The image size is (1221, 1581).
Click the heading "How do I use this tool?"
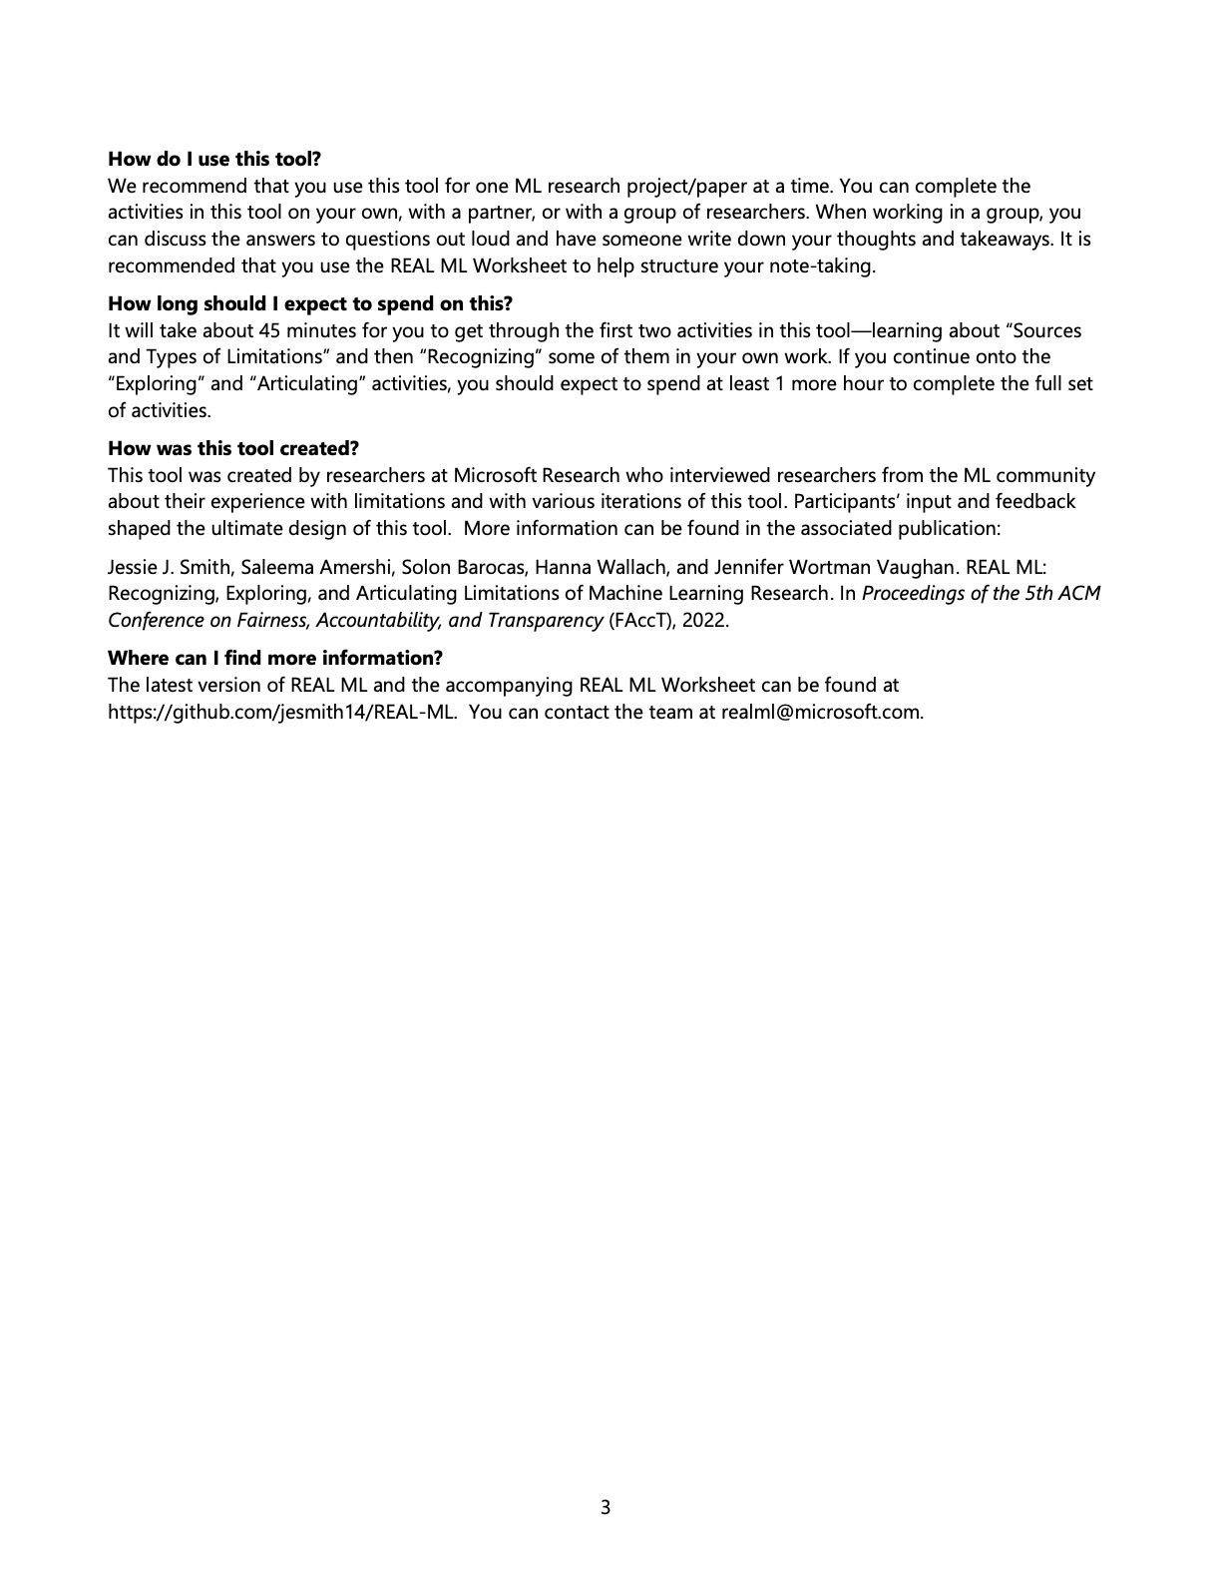pos(214,159)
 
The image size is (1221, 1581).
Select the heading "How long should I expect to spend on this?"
pos(309,303)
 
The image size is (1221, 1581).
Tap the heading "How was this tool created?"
pos(232,448)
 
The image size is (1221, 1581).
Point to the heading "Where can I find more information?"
pos(274,658)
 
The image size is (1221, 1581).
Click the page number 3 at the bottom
pos(606,1507)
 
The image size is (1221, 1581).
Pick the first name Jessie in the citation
pos(134,567)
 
